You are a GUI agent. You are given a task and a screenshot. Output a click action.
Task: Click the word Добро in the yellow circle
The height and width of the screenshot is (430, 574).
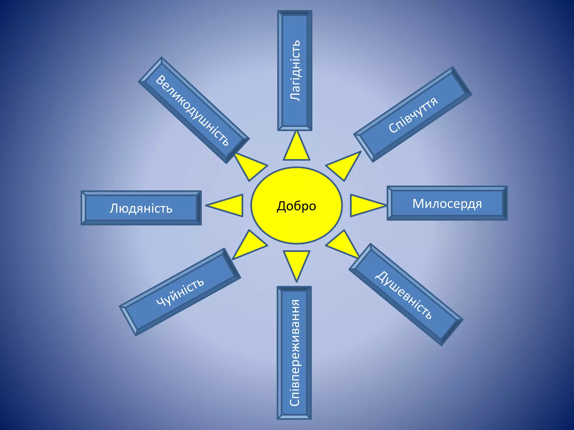(x=296, y=206)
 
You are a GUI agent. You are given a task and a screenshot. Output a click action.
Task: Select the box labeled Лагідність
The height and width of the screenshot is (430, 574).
(x=295, y=71)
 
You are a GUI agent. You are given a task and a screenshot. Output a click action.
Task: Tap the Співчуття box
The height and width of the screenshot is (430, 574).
(x=413, y=114)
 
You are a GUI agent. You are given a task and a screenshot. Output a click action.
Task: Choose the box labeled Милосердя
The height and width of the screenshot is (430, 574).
(x=447, y=203)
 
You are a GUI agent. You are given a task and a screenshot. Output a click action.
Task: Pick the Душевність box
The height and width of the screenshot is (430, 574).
(x=406, y=295)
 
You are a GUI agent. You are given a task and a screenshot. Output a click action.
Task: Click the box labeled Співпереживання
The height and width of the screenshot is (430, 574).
(x=294, y=353)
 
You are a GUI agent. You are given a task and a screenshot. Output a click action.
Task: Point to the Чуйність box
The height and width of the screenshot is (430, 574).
(x=180, y=292)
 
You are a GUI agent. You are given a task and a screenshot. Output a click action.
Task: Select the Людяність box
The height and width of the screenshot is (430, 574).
(x=141, y=208)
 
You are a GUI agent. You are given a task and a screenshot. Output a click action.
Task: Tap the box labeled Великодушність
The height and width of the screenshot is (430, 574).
(x=194, y=110)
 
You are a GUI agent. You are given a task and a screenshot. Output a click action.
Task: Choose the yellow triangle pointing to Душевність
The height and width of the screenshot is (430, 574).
(x=343, y=244)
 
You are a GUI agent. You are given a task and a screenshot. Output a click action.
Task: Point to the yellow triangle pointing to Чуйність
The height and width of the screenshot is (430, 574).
(x=249, y=244)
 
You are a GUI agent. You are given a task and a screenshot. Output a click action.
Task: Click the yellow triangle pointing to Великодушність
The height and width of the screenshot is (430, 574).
(x=249, y=166)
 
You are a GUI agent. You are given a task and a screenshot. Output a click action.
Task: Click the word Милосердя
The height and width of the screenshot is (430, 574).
(x=447, y=203)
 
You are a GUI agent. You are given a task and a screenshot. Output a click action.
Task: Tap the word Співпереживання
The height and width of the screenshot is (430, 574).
(x=295, y=353)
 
